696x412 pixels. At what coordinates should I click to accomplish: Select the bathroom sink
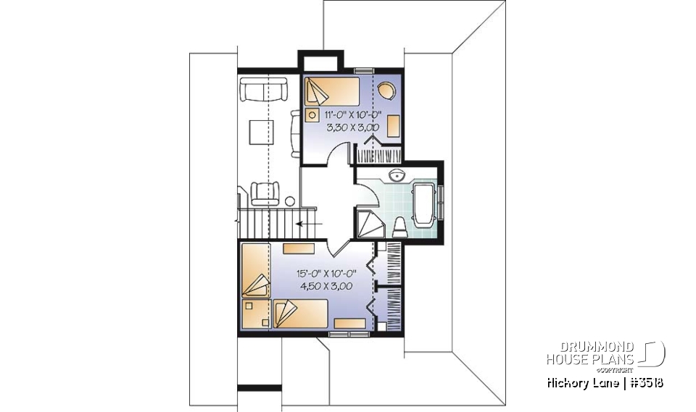pos(397,175)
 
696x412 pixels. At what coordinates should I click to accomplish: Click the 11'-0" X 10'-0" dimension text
pos(352,115)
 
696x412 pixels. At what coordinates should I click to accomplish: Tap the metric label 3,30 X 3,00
pos(352,127)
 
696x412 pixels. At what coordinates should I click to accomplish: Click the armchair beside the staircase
pos(264,193)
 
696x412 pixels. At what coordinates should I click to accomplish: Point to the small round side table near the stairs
pos(290,201)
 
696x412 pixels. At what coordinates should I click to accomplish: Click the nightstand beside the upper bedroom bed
pos(312,114)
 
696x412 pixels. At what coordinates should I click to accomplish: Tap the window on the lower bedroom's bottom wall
pos(349,334)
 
